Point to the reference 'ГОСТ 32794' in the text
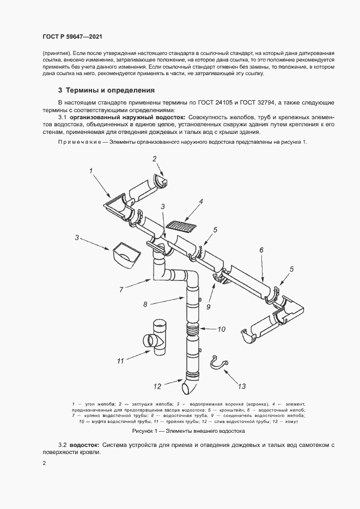pos(261,102)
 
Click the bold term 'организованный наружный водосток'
pos(127,117)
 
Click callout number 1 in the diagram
pos(91,171)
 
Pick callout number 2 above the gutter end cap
pos(155,159)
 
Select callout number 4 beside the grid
pos(201,201)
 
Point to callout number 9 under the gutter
pos(208,306)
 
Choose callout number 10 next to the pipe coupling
pos(221,329)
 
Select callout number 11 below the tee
pos(121,360)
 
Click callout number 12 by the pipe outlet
pos(157,386)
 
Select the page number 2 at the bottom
pos(44,463)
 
